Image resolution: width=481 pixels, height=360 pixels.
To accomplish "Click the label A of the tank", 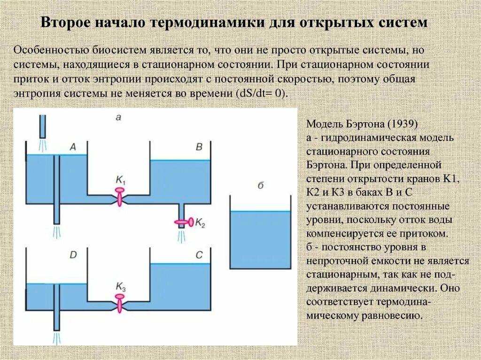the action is tap(73, 147).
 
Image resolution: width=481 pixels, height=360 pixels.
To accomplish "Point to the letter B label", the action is tap(199, 147).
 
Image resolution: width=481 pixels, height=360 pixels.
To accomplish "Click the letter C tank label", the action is tap(199, 255).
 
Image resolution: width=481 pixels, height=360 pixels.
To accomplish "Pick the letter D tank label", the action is tap(73, 255).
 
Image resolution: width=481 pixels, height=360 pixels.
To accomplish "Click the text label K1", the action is tap(121, 179).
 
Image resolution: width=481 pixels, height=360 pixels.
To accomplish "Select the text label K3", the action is tap(121, 285).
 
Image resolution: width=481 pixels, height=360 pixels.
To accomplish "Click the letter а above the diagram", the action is tap(118, 117).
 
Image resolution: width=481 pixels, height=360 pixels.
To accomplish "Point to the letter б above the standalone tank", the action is tap(260, 185).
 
